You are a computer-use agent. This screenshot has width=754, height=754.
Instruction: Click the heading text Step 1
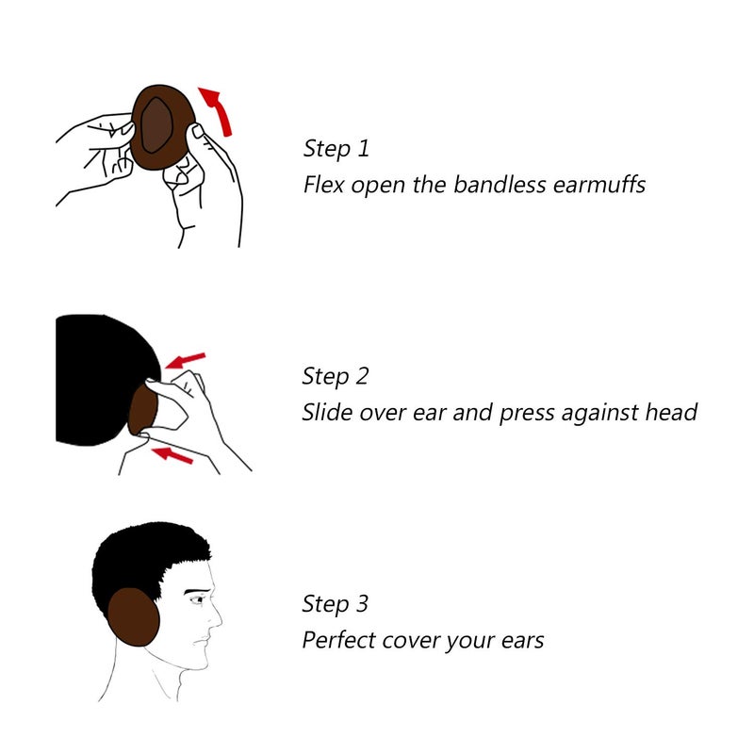coord(336,149)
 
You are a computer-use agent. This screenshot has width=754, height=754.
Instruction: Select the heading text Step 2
coord(336,377)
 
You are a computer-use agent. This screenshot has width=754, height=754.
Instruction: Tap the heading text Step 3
coord(336,604)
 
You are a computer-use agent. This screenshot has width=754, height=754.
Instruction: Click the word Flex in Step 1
coord(324,185)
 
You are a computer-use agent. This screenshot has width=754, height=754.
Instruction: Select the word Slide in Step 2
coord(328,413)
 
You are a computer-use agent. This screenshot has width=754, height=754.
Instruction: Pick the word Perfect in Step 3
coord(338,641)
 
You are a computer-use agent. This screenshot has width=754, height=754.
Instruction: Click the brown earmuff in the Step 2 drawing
coord(141,407)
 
